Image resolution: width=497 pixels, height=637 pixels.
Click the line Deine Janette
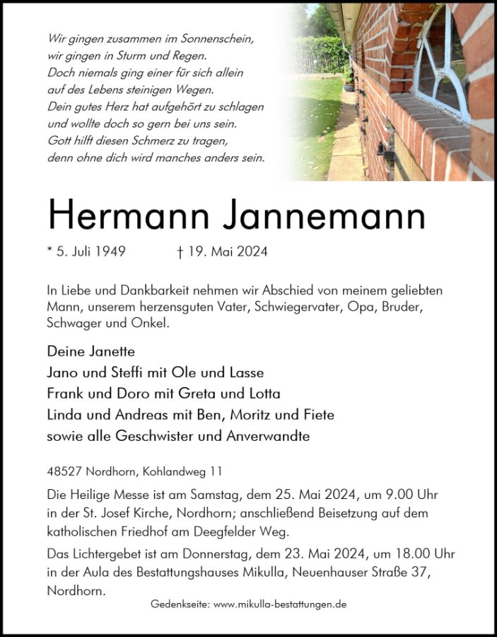click(90, 351)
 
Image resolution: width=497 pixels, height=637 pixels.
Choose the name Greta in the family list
click(207, 394)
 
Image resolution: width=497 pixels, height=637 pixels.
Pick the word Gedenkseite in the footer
click(180, 605)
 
